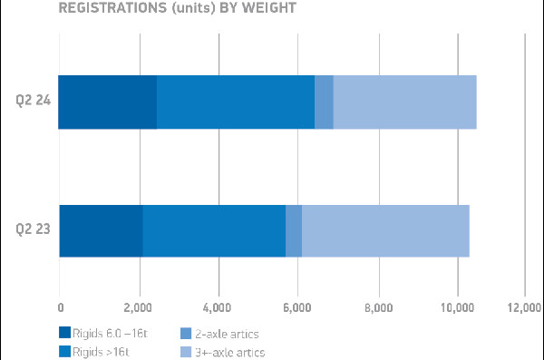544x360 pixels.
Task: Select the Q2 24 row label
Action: click(32, 102)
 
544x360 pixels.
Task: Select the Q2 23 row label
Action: click(32, 231)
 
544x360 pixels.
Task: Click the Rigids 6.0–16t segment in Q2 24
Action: click(107, 102)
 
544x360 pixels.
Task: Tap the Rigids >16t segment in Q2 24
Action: click(236, 102)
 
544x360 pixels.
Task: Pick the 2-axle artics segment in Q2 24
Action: click(324, 102)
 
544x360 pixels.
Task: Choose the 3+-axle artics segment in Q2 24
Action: click(404, 102)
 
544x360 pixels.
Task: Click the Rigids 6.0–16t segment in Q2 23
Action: click(101, 231)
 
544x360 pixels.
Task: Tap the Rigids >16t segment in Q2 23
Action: click(214, 231)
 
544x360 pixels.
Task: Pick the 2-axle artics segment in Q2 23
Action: click(294, 231)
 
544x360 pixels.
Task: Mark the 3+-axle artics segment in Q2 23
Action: click(385, 231)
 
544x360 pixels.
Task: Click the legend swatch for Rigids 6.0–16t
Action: click(64, 332)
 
